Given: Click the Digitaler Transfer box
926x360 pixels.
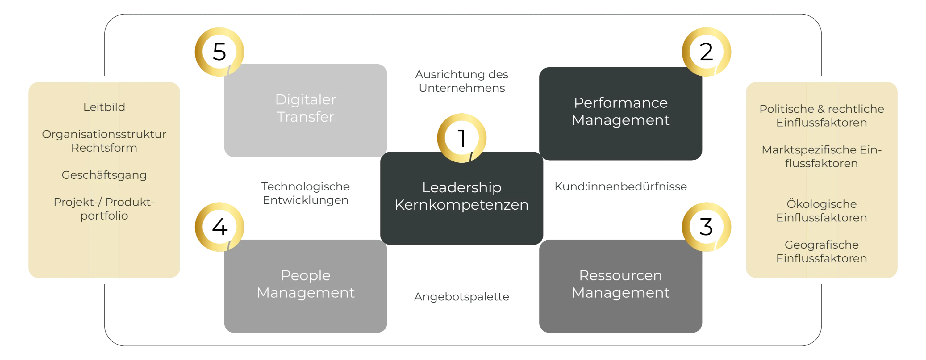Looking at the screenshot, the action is click(x=305, y=109).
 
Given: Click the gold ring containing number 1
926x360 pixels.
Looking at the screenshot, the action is click(x=461, y=137).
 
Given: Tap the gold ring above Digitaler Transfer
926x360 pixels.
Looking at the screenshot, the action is click(x=219, y=52).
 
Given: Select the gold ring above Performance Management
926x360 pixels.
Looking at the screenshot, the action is click(x=707, y=52).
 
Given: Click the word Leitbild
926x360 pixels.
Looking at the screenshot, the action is click(x=104, y=107).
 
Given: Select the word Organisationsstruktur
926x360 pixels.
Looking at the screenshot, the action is click(x=104, y=134).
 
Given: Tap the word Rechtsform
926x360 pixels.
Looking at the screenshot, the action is click(x=104, y=148).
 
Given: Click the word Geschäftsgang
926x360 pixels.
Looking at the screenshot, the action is click(x=104, y=175).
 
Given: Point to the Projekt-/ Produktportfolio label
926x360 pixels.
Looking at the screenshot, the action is click(x=104, y=209).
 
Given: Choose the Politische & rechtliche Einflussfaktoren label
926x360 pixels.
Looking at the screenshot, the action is click(x=821, y=116).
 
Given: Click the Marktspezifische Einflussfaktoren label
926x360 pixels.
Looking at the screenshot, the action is click(x=821, y=157).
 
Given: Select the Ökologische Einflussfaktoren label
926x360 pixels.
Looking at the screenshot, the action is click(x=821, y=211).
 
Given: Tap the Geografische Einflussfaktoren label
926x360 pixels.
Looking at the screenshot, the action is click(x=821, y=251).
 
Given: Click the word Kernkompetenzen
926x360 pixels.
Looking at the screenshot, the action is click(x=461, y=205).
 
